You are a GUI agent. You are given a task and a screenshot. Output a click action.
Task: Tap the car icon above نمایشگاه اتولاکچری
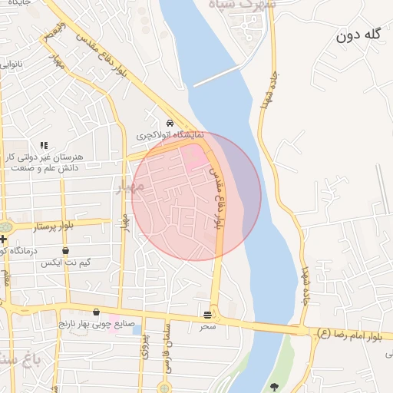click(x=170, y=123)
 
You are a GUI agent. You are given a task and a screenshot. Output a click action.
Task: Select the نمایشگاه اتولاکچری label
click(x=170, y=135)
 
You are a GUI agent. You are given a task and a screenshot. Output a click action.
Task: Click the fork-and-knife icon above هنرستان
click(x=44, y=144)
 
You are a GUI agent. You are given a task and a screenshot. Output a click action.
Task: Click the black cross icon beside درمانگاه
click(x=3, y=239)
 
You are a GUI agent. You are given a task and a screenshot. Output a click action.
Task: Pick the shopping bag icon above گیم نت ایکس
click(x=65, y=250)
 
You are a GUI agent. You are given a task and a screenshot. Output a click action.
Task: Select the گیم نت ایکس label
click(x=66, y=263)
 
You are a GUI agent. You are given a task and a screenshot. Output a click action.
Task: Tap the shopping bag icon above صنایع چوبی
click(x=96, y=312)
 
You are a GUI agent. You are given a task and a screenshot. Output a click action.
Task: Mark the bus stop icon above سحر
click(x=208, y=315)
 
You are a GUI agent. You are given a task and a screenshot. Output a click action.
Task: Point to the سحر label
click(x=208, y=327)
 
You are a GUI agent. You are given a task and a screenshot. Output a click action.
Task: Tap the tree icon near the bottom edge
click(x=275, y=386)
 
